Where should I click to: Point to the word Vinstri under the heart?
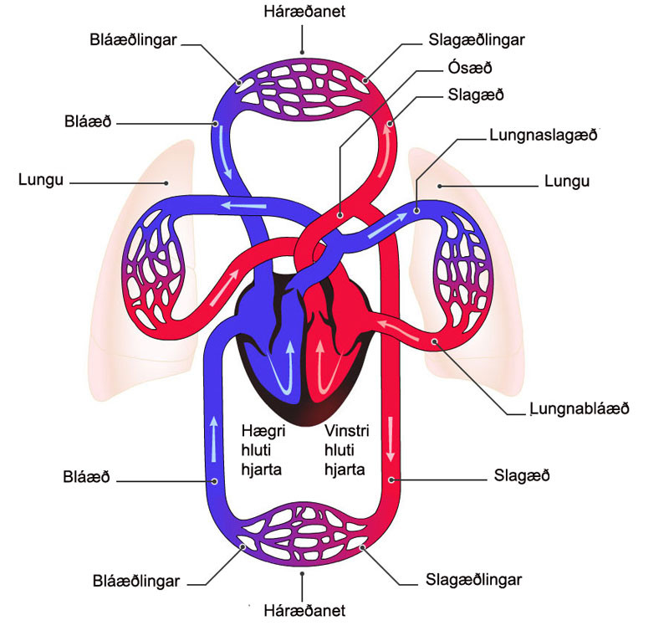pos(346,431)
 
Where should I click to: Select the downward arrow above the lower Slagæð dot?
pos(390,438)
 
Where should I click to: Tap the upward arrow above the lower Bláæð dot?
pos(214,436)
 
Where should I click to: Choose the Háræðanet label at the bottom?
pos(304,611)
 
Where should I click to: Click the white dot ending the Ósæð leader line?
pos(340,215)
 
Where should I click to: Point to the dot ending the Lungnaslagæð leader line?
pos(416,213)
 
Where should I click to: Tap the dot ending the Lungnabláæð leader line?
pos(434,341)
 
